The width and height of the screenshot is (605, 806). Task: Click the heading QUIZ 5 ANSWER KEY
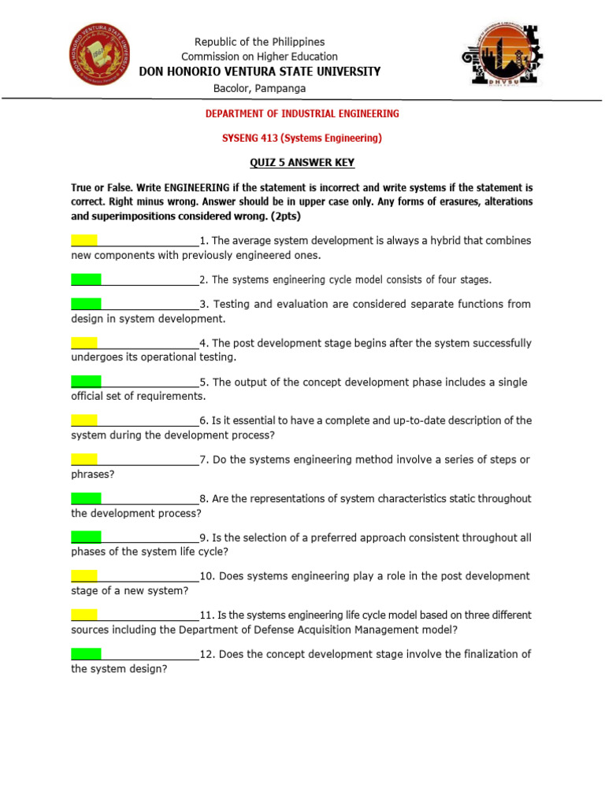coord(302,163)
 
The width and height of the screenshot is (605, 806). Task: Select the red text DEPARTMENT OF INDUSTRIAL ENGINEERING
coord(302,113)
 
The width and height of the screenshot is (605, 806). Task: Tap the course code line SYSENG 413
coord(302,139)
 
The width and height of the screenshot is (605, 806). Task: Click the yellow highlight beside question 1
coord(84,240)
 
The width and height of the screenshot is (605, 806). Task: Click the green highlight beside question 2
coord(86,279)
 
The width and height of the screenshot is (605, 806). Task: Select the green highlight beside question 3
coord(86,303)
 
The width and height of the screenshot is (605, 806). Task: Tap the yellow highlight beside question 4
coord(84,342)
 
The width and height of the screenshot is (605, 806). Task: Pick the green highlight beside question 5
coord(86,382)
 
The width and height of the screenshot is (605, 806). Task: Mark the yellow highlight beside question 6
coord(84,420)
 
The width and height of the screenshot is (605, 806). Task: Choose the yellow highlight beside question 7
coord(84,459)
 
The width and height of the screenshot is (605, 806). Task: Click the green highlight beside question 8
coord(86,498)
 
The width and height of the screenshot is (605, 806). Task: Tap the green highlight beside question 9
coord(86,537)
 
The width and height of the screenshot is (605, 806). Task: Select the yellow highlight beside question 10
coord(84,575)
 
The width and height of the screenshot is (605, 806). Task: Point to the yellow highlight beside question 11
coord(84,614)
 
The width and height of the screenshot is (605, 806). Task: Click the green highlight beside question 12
coord(86,653)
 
